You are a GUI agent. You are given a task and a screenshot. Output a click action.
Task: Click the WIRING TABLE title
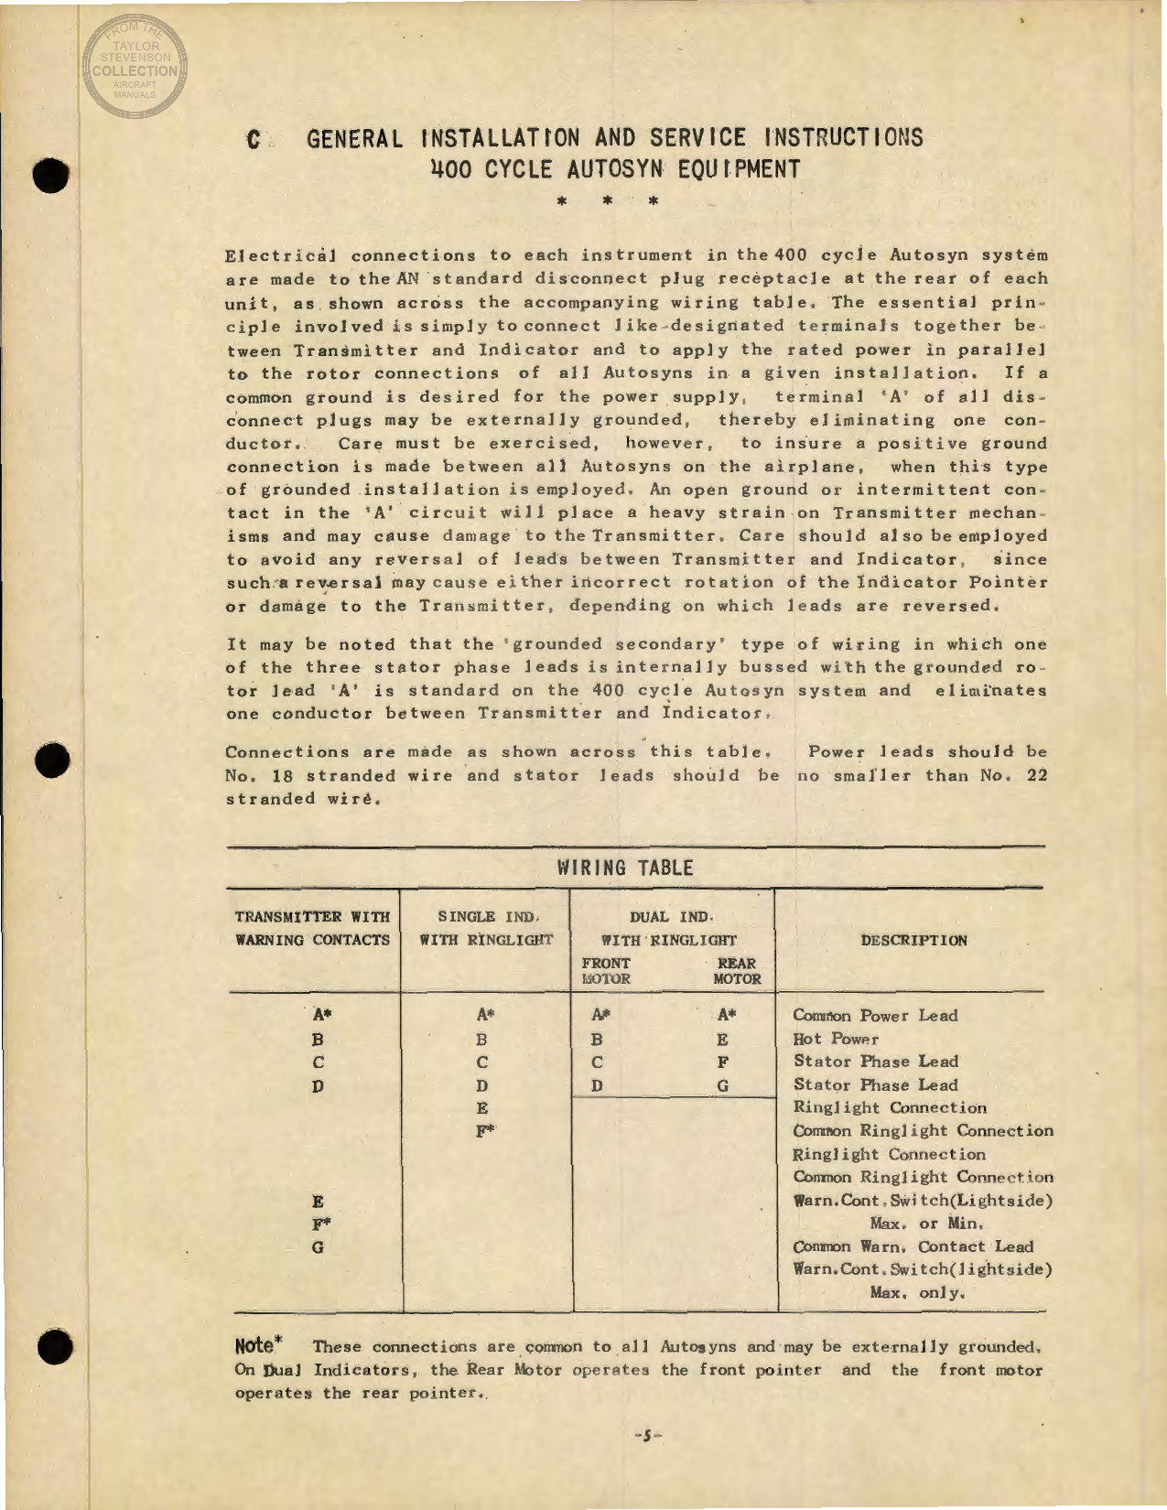pyautogui.click(x=626, y=868)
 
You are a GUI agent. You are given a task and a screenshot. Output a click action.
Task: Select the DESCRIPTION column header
pyautogui.click(x=913, y=941)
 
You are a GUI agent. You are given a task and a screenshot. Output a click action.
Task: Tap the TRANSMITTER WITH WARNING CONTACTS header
pyautogui.click(x=313, y=928)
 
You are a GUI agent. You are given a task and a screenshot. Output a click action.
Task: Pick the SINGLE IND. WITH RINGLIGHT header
pyautogui.click(x=486, y=928)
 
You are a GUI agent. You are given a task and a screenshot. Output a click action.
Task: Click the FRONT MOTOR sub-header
pyautogui.click(x=606, y=971)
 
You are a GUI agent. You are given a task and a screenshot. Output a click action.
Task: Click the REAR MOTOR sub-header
pyautogui.click(x=737, y=971)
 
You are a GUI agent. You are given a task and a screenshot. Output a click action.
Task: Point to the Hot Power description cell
pyautogui.click(x=836, y=1039)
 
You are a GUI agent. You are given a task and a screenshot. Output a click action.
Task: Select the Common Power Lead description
pyautogui.click(x=875, y=1016)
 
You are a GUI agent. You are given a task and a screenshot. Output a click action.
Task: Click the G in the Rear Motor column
pyautogui.click(x=723, y=1086)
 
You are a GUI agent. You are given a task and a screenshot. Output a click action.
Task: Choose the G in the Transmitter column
pyautogui.click(x=318, y=1246)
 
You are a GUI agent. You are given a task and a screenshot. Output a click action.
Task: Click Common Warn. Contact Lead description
pyautogui.click(x=913, y=1246)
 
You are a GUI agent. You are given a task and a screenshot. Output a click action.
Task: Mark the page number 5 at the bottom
pyautogui.click(x=646, y=1435)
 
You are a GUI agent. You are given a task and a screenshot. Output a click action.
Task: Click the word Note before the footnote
pyautogui.click(x=255, y=1345)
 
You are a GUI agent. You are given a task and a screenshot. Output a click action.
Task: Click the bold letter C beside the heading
pyautogui.click(x=254, y=140)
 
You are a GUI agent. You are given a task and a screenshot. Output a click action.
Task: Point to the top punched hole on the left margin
pyautogui.click(x=54, y=174)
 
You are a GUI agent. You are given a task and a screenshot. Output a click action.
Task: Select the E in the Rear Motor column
pyautogui.click(x=723, y=1040)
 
